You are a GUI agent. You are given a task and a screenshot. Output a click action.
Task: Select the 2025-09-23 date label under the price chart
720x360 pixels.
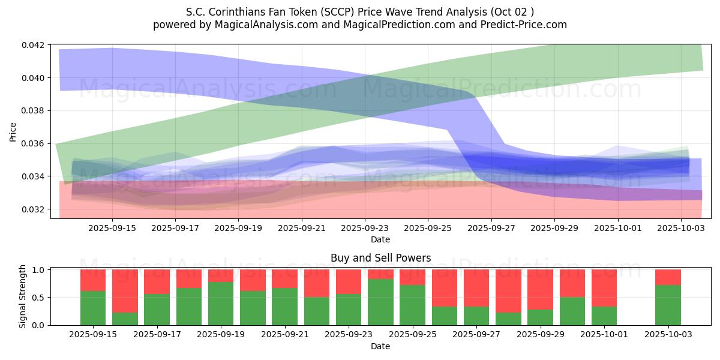(365, 228)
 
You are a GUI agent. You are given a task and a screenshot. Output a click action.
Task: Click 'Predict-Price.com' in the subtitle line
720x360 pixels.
(526, 25)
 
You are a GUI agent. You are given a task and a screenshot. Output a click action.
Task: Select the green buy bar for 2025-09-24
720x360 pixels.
(380, 302)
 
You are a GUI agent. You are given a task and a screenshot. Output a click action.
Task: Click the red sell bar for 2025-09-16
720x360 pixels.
(125, 291)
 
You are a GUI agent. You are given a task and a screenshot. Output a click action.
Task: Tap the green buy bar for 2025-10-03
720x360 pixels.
(668, 305)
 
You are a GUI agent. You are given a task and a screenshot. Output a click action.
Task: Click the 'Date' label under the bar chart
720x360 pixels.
(380, 346)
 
